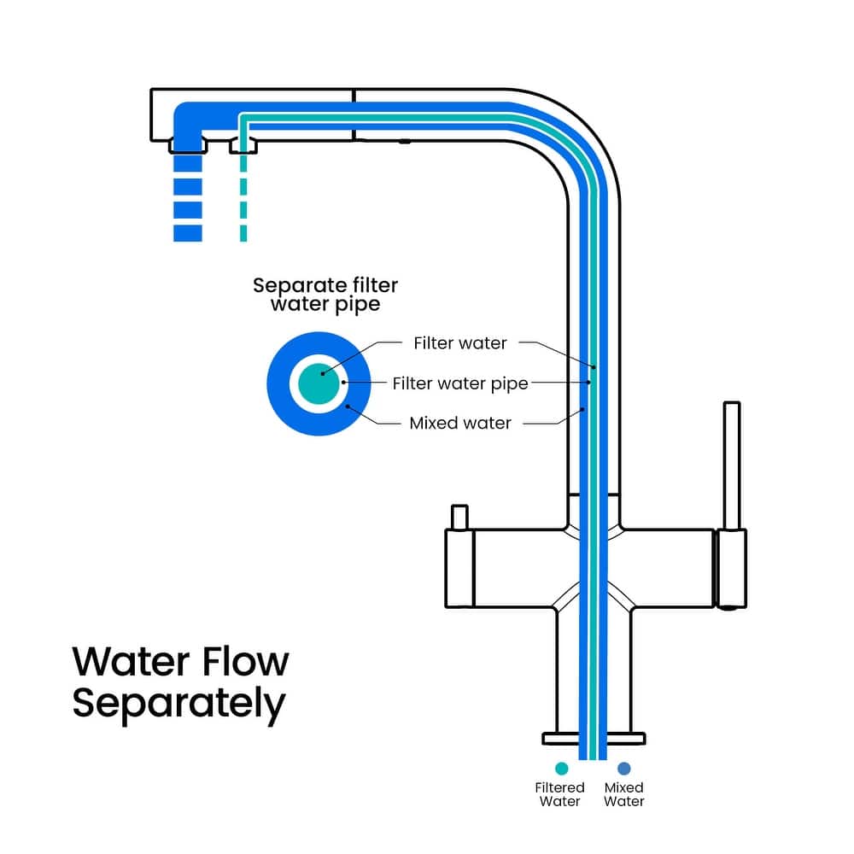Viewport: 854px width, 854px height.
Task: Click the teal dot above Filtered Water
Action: [x=561, y=768]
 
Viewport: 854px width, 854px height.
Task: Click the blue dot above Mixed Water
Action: [x=624, y=768]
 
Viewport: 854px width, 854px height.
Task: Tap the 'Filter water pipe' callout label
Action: [x=460, y=383]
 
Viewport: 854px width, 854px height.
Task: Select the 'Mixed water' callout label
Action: [x=460, y=423]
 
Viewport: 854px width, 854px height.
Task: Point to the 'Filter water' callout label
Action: [x=460, y=343]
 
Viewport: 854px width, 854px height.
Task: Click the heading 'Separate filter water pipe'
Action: [x=325, y=295]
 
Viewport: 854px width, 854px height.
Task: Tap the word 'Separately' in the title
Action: [x=178, y=704]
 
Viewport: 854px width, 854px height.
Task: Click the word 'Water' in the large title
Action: [x=128, y=662]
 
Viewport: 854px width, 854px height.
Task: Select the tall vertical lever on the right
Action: [x=731, y=465]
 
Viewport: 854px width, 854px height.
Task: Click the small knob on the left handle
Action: [x=459, y=518]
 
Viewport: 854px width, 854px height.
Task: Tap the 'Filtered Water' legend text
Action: [x=560, y=794]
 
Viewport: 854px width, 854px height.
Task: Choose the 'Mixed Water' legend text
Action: [x=624, y=794]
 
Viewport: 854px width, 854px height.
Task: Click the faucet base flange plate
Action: [x=594, y=738]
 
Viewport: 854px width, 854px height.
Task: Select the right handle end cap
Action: [x=731, y=569]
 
